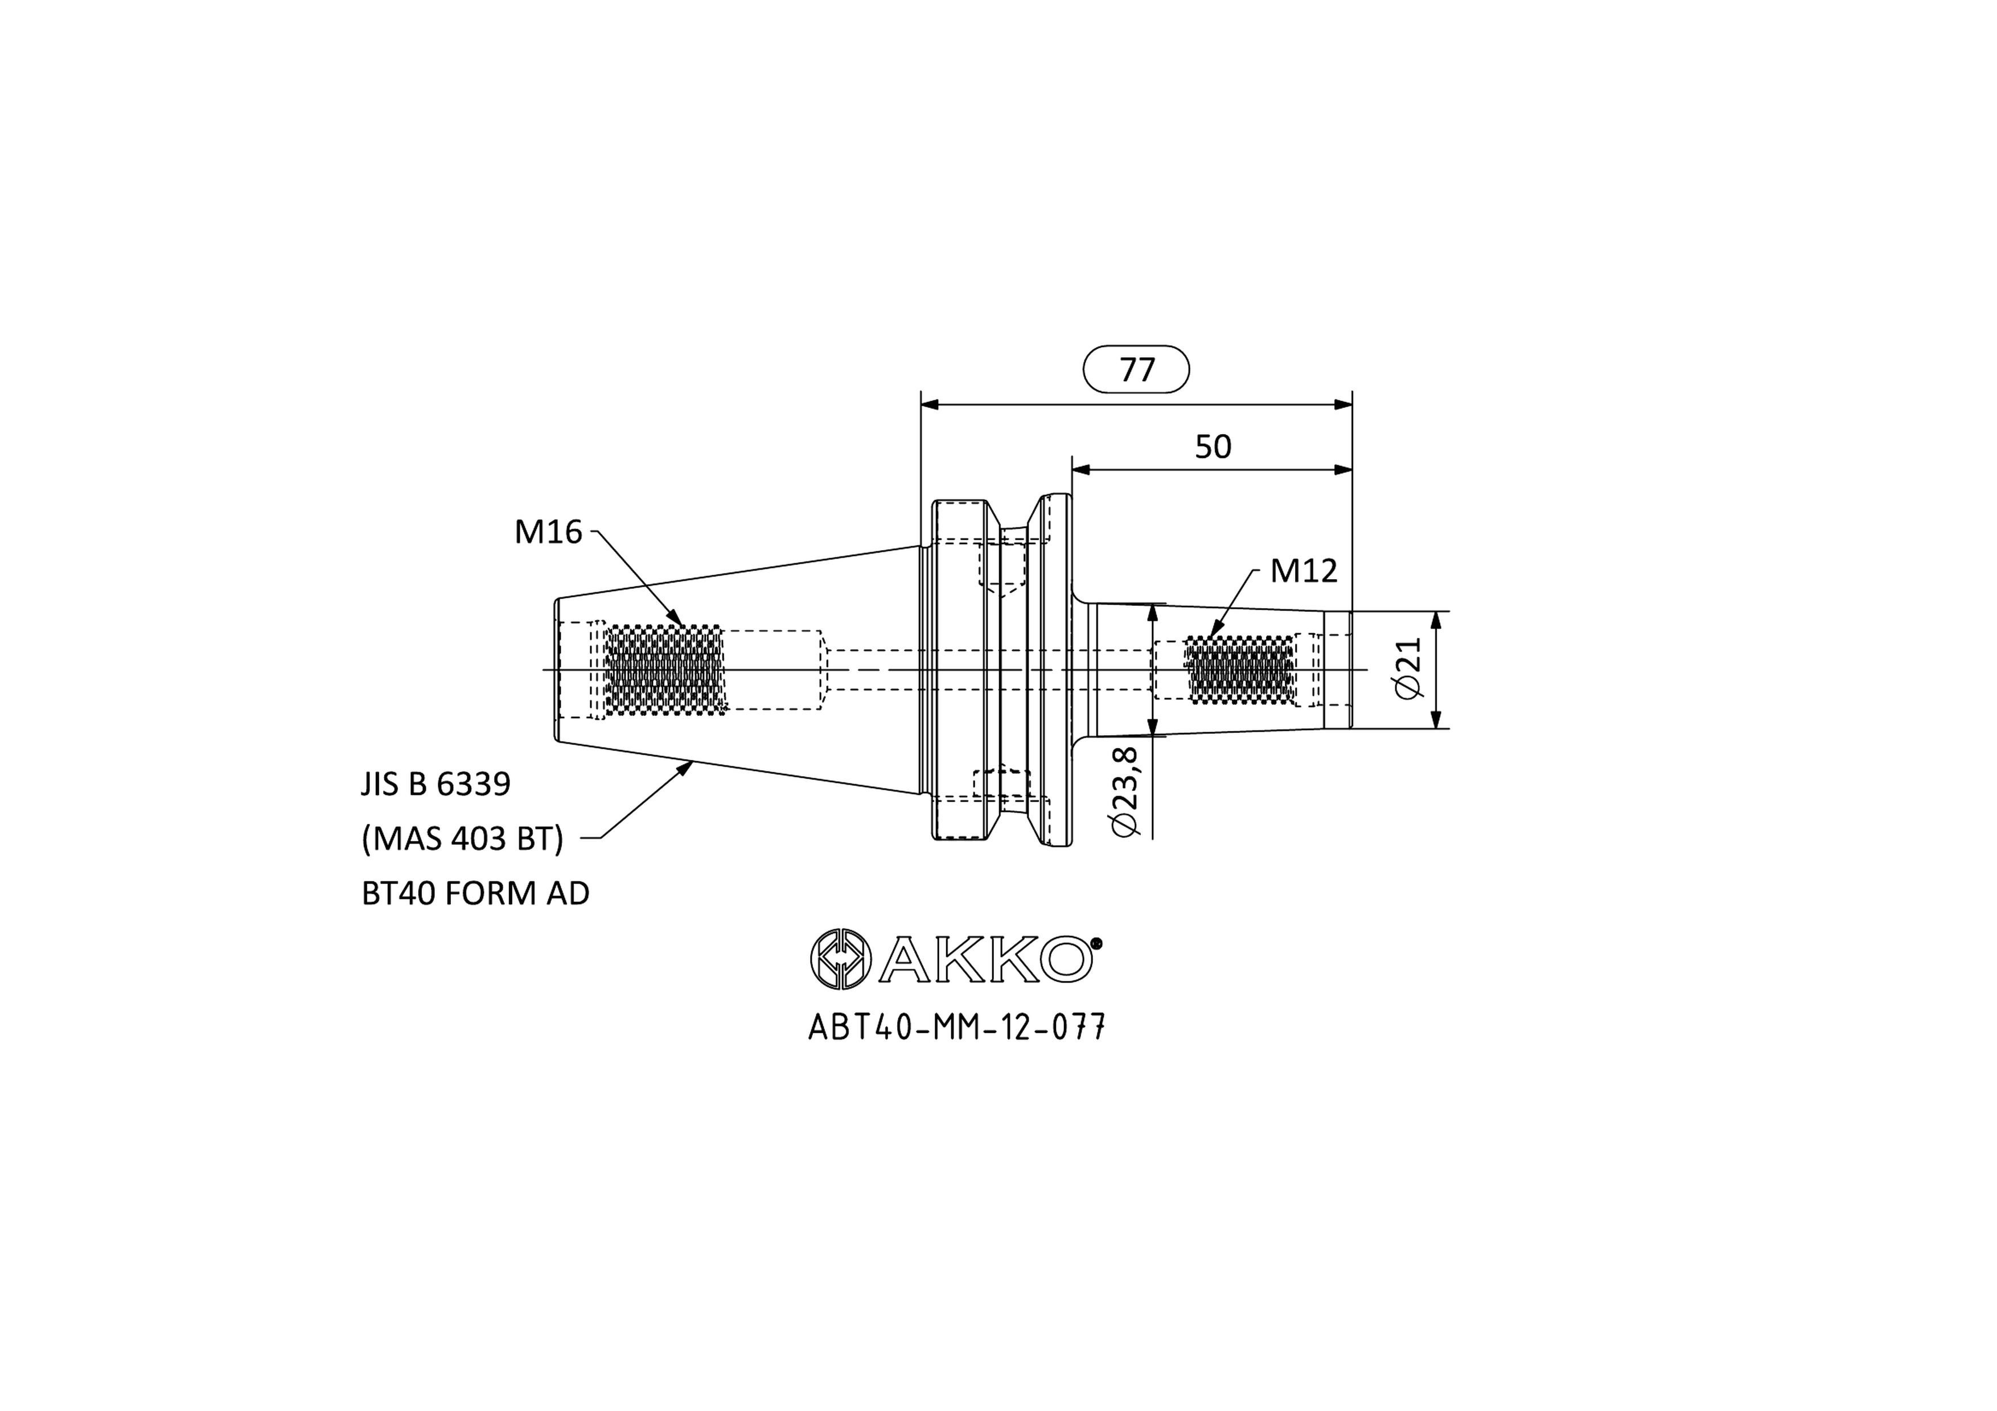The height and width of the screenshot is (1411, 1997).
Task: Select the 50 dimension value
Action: point(1213,447)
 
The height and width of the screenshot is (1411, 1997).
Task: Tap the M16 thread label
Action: point(548,532)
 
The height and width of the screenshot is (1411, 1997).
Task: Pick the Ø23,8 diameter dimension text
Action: point(1125,792)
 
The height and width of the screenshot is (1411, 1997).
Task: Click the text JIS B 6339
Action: point(435,784)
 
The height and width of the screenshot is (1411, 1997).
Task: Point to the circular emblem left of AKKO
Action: point(840,959)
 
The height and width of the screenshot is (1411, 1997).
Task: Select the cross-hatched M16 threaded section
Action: point(665,670)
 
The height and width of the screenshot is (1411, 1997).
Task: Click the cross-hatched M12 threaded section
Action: point(1241,670)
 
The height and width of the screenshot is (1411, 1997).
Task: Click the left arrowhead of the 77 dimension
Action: point(930,405)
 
